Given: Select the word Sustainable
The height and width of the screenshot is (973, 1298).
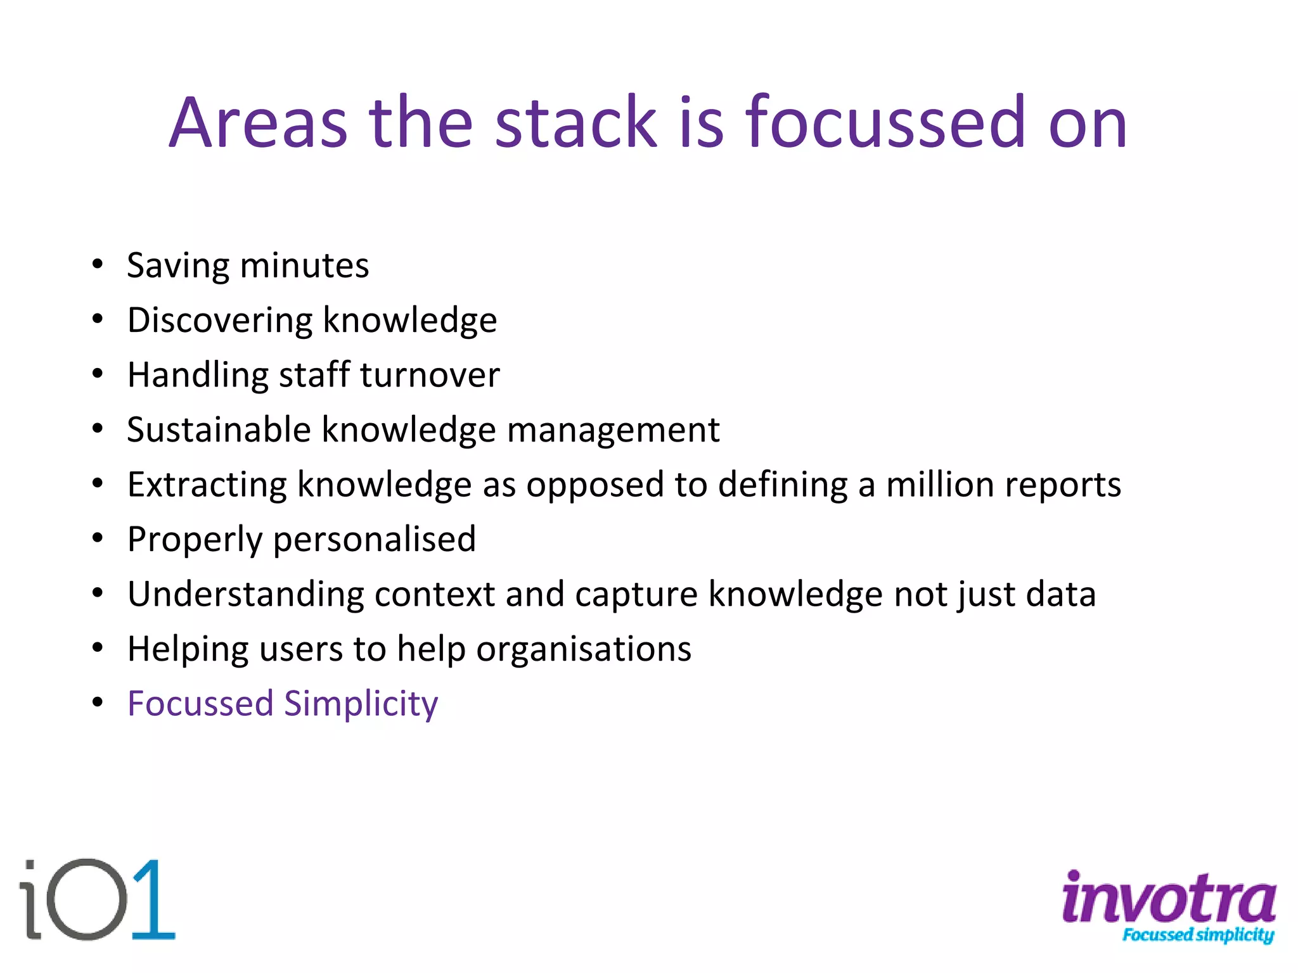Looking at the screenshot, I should click(x=219, y=429).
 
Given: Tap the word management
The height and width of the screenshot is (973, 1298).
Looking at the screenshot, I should click(x=613, y=431).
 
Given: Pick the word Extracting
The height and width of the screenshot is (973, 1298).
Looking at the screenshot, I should click(x=207, y=485).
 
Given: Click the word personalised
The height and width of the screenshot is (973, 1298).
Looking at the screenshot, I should click(x=374, y=540).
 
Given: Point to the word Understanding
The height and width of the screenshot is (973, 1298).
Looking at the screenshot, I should click(x=245, y=595).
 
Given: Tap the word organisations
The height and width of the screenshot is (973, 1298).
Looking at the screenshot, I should click(x=583, y=650).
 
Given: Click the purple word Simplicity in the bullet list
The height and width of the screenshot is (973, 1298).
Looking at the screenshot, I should click(x=361, y=704).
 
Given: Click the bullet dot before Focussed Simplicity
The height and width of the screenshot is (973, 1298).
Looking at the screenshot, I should click(x=97, y=703).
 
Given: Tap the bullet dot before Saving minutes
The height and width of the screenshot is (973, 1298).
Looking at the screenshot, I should click(x=97, y=264).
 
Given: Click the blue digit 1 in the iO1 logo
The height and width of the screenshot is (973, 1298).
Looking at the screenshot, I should click(x=153, y=900).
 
